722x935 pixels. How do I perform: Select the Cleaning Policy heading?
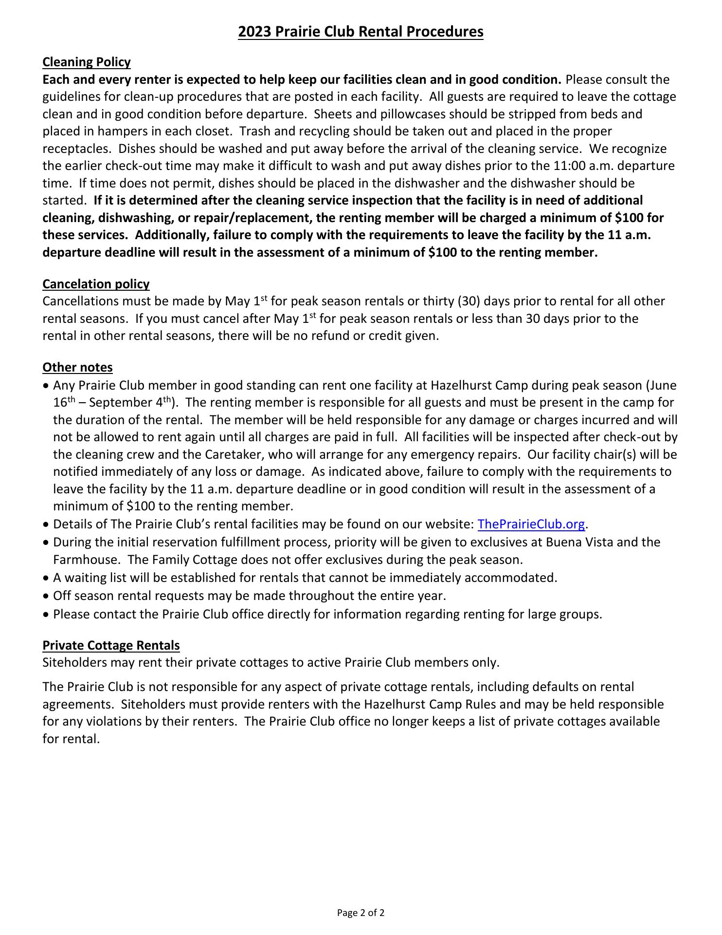pyautogui.click(x=87, y=62)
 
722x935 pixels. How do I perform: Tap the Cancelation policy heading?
pyautogui.click(x=96, y=284)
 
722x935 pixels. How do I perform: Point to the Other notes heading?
pyautogui.click(x=77, y=367)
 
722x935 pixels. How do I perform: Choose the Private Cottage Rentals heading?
pyautogui.click(x=111, y=645)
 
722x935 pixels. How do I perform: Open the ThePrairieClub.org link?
pyautogui.click(x=531, y=524)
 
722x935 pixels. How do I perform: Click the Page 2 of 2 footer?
pyautogui.click(x=361, y=913)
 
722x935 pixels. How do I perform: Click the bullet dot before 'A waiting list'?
pyautogui.click(x=46, y=578)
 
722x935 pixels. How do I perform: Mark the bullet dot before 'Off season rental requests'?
pyautogui.click(x=46, y=596)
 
